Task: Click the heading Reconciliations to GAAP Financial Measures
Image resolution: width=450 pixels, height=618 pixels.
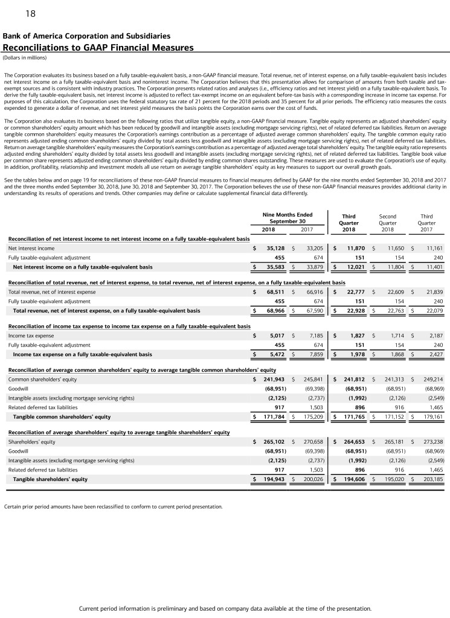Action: [98, 47]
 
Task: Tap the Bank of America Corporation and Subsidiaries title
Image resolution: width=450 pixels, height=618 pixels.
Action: [86, 36]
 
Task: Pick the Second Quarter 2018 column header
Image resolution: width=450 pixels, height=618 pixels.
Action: [387, 221]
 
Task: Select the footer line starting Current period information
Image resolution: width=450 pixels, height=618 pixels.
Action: [225, 608]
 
